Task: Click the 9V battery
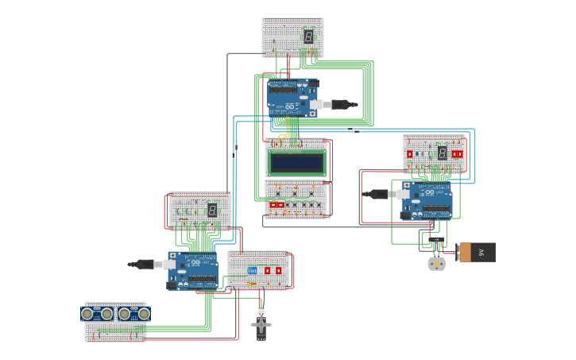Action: pyautogui.click(x=477, y=252)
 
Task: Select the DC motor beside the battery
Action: pyautogui.click(x=436, y=263)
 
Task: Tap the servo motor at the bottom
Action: pyautogui.click(x=261, y=326)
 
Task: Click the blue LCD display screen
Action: pyautogui.click(x=296, y=163)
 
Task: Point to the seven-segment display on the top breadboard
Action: pyautogui.click(x=308, y=37)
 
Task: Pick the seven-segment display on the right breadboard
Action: pyautogui.click(x=442, y=153)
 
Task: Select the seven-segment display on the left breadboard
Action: pyautogui.click(x=212, y=210)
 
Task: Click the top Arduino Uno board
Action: pyautogui.click(x=292, y=99)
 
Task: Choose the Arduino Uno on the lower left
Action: pyautogui.click(x=192, y=270)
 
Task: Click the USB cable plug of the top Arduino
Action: pyautogui.click(x=342, y=104)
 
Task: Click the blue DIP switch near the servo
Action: pyautogui.click(x=253, y=271)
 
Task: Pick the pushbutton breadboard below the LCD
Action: pyautogui.click(x=296, y=199)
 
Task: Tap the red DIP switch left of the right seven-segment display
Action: pyautogui.click(x=410, y=153)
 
